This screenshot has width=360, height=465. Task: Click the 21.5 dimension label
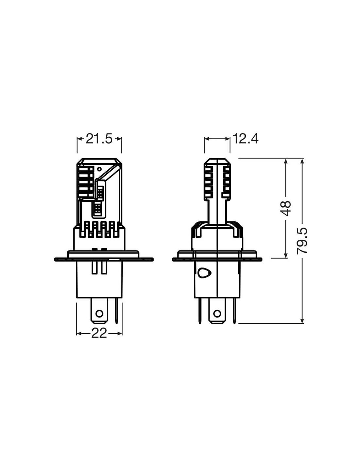[x=99, y=139]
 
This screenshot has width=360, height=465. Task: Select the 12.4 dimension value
[x=245, y=139]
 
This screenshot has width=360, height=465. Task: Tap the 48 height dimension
[x=285, y=208]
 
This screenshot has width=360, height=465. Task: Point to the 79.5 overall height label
[x=302, y=241]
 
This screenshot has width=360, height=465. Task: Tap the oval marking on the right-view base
[x=204, y=273]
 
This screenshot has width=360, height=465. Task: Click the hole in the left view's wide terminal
[x=99, y=314]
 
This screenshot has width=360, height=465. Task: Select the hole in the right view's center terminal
[x=217, y=314]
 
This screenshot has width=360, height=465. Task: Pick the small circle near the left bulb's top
[x=99, y=169]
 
